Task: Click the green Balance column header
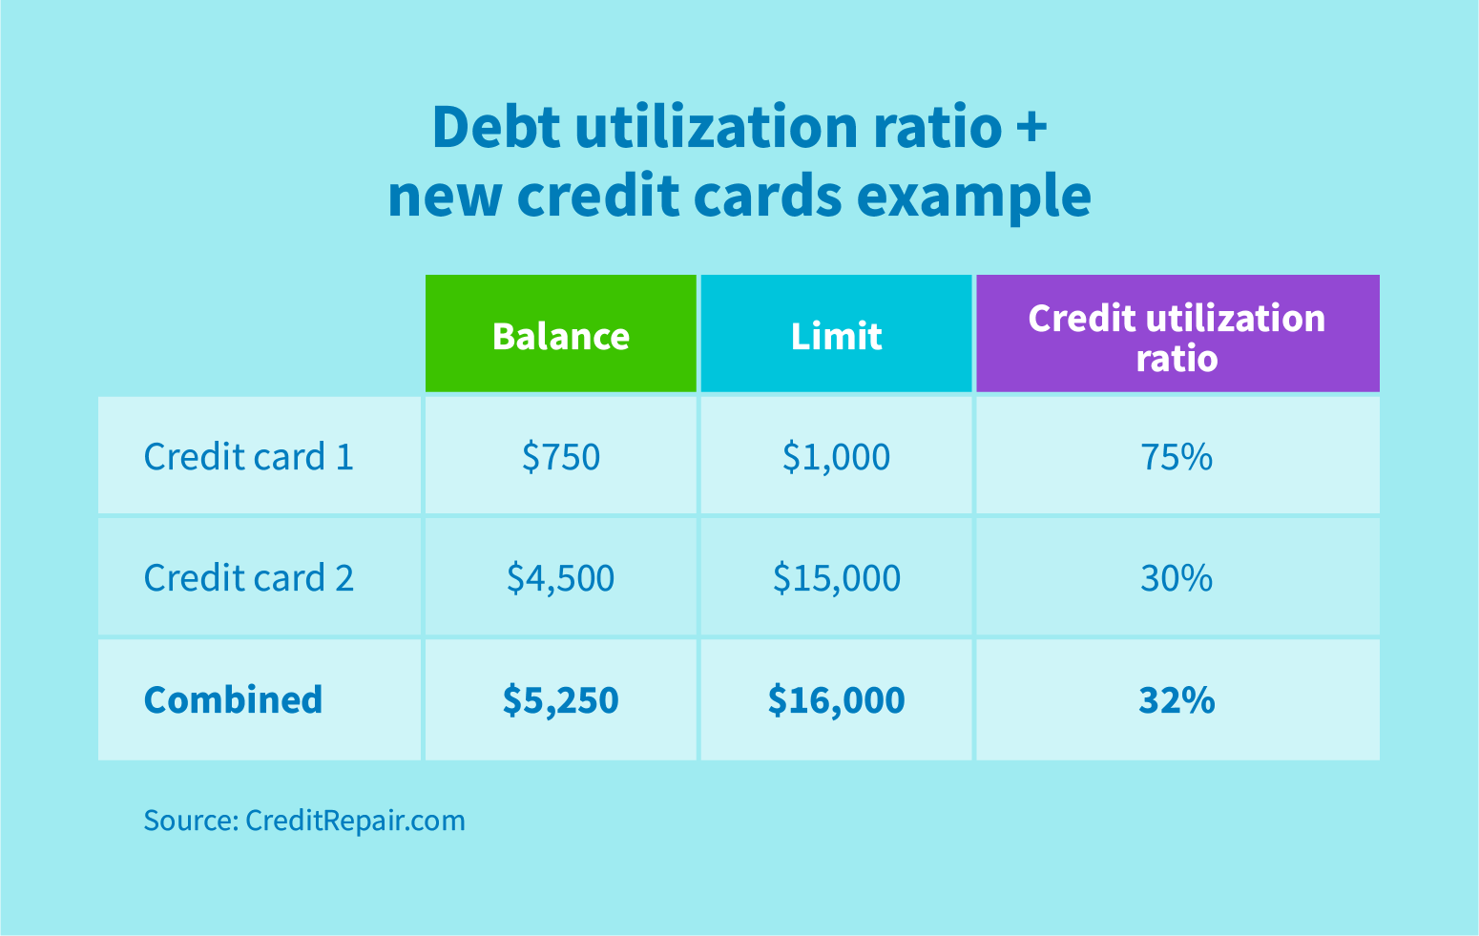(560, 336)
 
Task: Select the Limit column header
(836, 336)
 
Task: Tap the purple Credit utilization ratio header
(1177, 336)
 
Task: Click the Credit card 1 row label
(248, 457)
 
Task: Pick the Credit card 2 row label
(248, 578)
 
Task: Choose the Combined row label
(233, 699)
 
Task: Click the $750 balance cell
(560, 457)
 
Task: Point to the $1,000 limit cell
(836, 457)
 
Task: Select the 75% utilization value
(1177, 457)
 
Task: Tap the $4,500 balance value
(560, 578)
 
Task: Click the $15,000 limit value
(836, 578)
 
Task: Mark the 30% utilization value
(1177, 578)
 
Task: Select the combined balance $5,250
(560, 699)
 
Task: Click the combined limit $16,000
(836, 699)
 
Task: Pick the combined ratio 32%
(1177, 699)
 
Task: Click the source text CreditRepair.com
(354, 821)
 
